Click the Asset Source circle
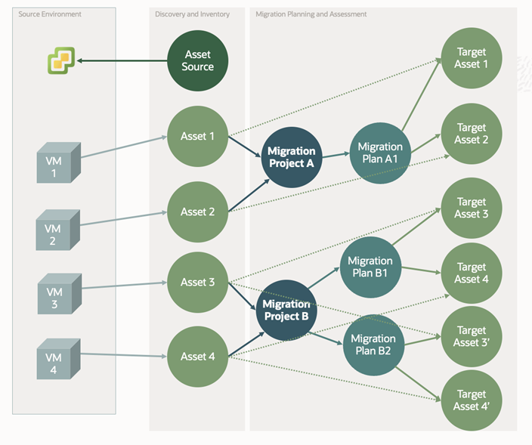click(x=197, y=60)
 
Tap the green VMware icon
click(x=61, y=60)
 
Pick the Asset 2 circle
click(x=197, y=212)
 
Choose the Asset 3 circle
click(x=197, y=282)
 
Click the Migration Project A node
click(x=291, y=156)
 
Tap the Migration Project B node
click(x=286, y=310)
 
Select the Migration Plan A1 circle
click(x=379, y=153)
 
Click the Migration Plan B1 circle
click(x=370, y=267)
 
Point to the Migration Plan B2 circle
click(x=373, y=344)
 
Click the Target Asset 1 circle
click(x=472, y=58)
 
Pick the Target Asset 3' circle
click(x=472, y=336)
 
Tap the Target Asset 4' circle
click(x=472, y=400)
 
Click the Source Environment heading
click(x=50, y=14)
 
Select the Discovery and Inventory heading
click(x=192, y=14)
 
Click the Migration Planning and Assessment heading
click(x=311, y=14)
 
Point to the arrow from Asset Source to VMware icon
click(x=121, y=60)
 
